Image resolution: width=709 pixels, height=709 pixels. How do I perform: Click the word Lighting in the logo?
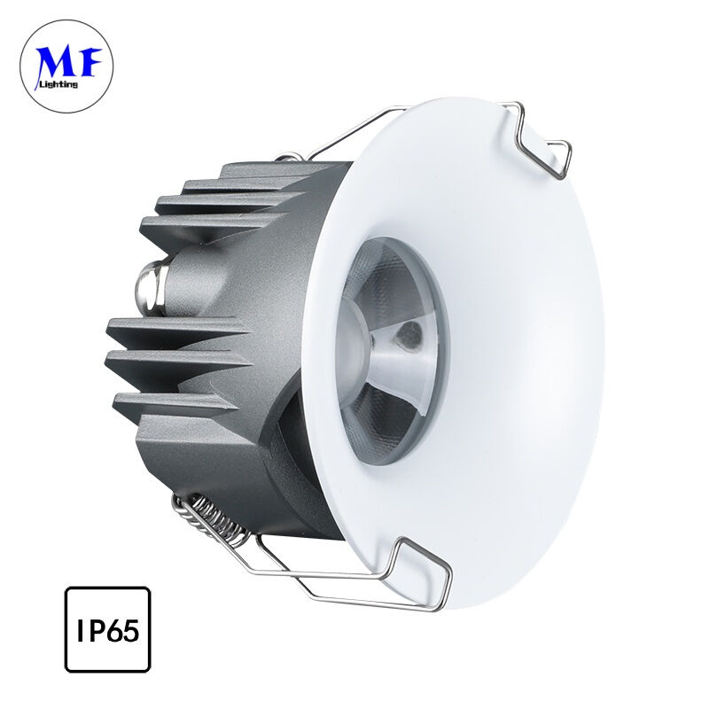point(59,83)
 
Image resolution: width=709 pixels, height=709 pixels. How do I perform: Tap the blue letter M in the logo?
point(53,62)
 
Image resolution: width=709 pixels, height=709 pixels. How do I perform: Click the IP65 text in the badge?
point(107,630)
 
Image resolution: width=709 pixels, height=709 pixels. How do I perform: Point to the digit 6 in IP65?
point(115,630)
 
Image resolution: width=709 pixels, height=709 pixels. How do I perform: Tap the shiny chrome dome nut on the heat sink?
point(151,287)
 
